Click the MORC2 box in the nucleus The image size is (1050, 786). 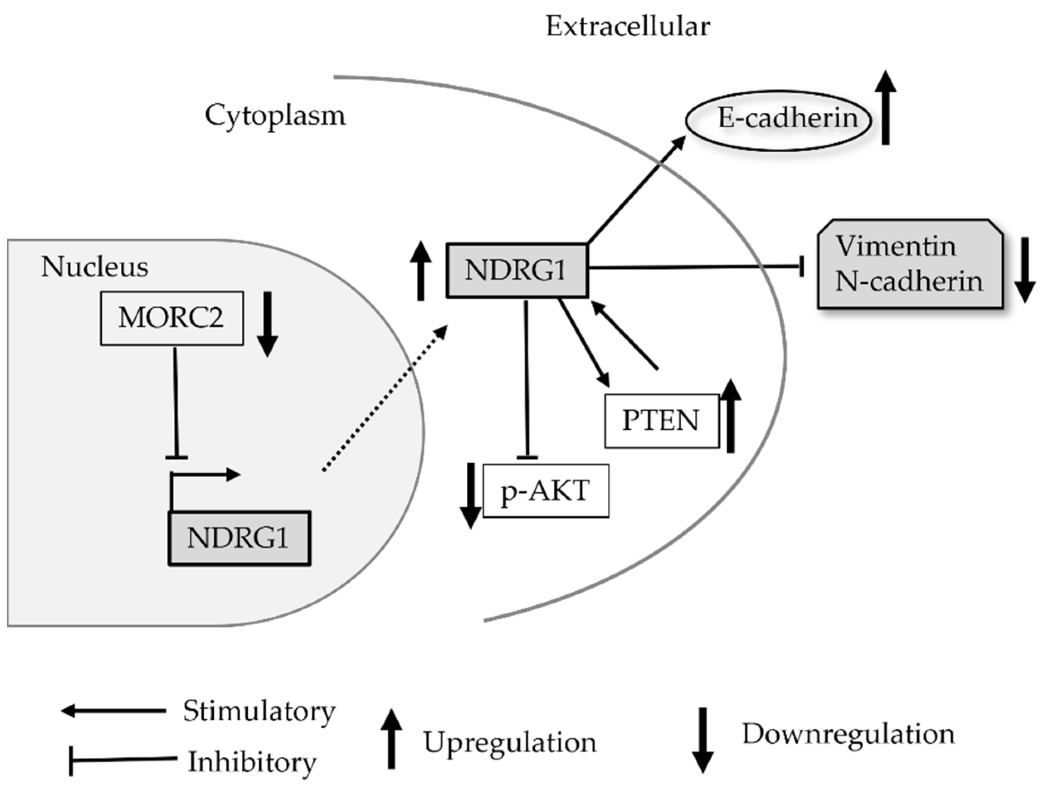click(x=171, y=318)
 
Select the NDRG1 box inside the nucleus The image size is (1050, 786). click(x=239, y=538)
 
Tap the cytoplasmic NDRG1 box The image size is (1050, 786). click(x=516, y=270)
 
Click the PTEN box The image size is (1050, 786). click(x=662, y=421)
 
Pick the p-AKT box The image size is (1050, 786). click(x=546, y=491)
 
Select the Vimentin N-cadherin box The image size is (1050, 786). click(x=909, y=264)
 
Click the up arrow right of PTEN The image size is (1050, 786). click(x=731, y=416)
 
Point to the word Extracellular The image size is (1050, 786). click(x=628, y=27)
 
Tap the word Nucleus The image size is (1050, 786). click(x=95, y=267)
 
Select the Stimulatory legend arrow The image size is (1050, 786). click(x=114, y=711)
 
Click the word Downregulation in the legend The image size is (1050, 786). click(x=848, y=734)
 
